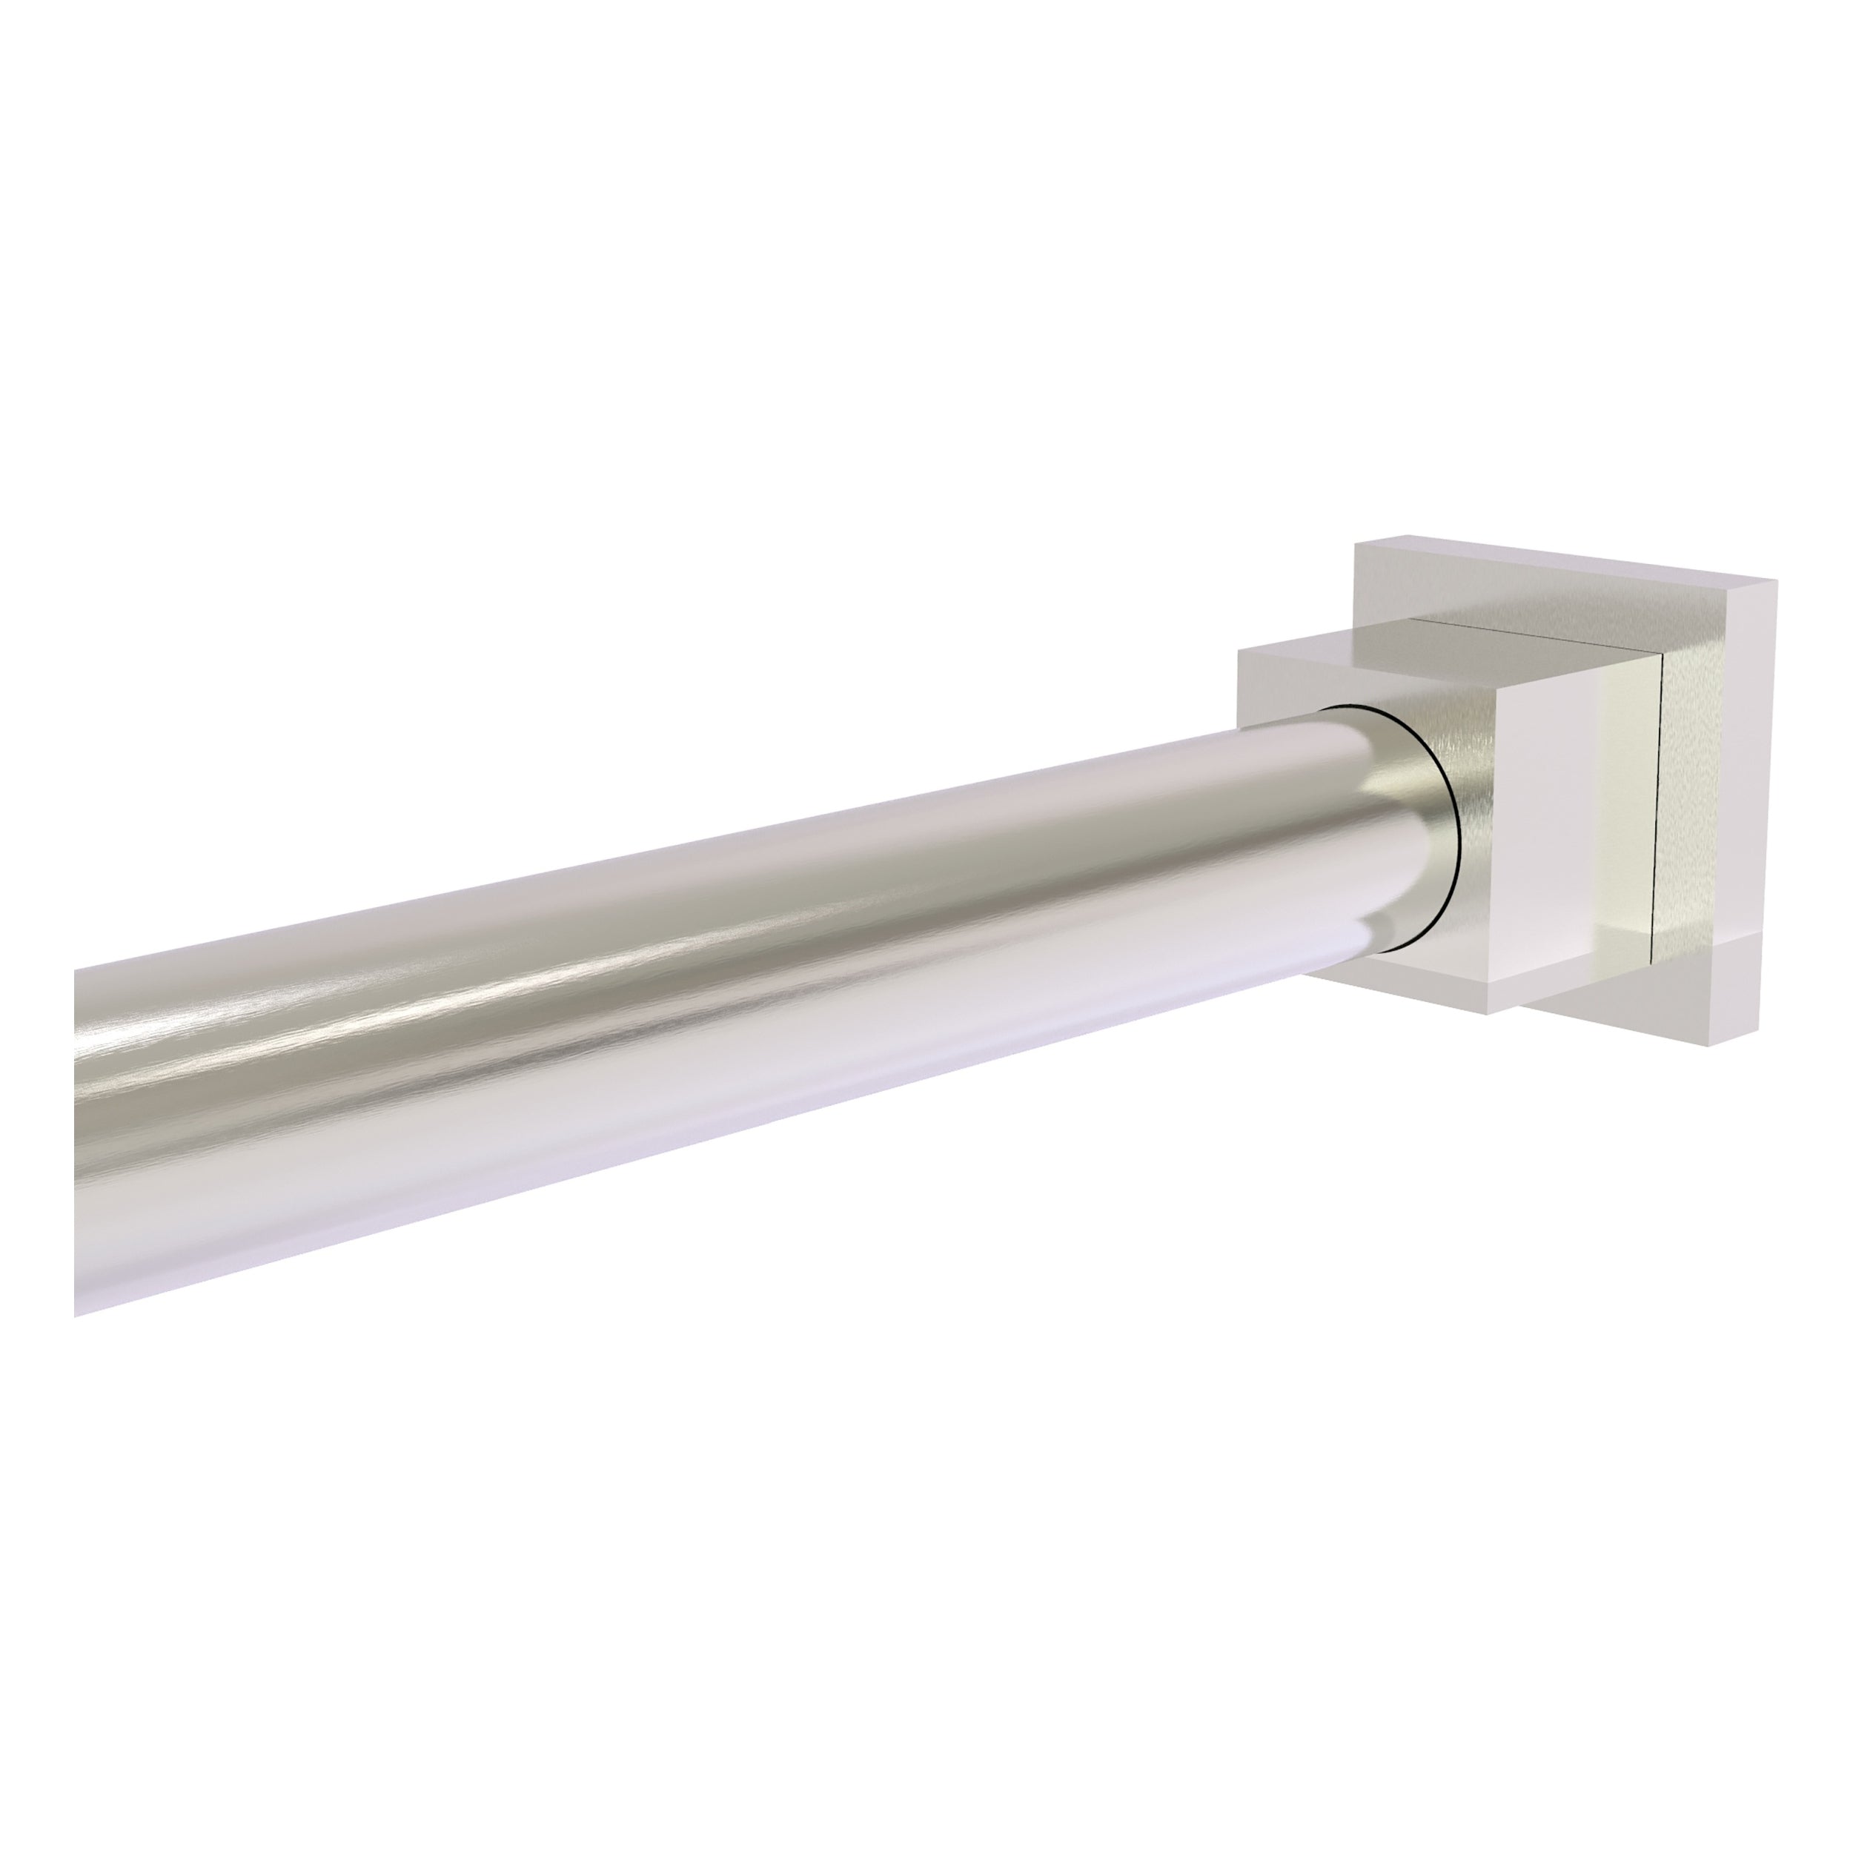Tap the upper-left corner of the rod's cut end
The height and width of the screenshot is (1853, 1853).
[77, 971]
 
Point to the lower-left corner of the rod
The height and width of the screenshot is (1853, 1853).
[77, 1314]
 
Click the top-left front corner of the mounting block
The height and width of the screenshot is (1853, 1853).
[1239, 652]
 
